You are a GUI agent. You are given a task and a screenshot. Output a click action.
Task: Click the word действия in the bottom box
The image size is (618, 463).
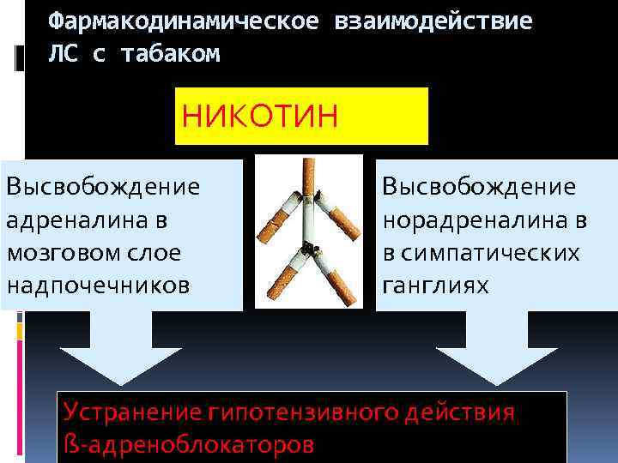(x=465, y=412)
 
